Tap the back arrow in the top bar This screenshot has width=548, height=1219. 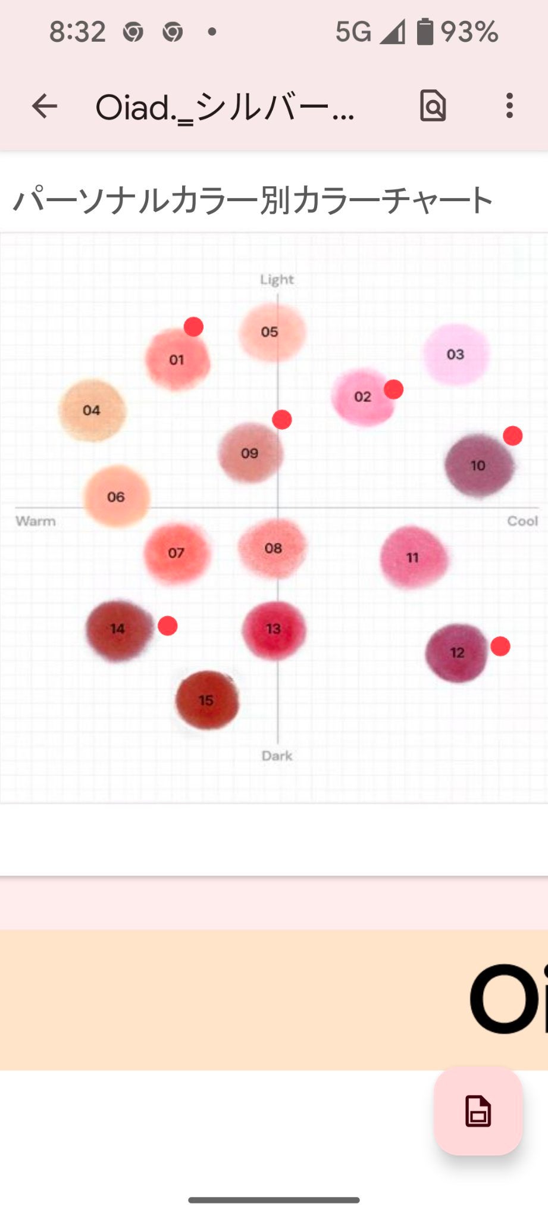coord(45,107)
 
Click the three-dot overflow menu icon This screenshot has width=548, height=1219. coord(509,106)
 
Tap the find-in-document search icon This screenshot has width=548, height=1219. coord(433,106)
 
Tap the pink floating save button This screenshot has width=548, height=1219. coord(478,1111)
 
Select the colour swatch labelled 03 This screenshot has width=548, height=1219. coord(456,354)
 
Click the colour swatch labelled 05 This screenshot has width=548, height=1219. coord(271,332)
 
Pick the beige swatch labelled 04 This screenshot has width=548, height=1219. coord(92,410)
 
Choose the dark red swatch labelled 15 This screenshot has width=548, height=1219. coord(206,700)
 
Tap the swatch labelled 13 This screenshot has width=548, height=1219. coord(274,630)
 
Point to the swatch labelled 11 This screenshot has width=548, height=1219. coord(414,558)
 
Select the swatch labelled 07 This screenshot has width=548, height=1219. coord(177,553)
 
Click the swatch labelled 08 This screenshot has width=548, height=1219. coord(273,548)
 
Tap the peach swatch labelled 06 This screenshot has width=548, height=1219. coord(116,496)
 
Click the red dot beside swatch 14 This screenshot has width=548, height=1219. coord(168,626)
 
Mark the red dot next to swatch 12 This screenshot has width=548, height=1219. coord(500,646)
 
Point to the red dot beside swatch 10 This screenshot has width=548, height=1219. coord(513,436)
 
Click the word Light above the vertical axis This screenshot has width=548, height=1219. coord(277,279)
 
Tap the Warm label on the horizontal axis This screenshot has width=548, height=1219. coord(36,521)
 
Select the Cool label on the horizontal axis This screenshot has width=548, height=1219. coord(522,521)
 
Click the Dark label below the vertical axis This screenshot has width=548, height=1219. coord(277,755)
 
